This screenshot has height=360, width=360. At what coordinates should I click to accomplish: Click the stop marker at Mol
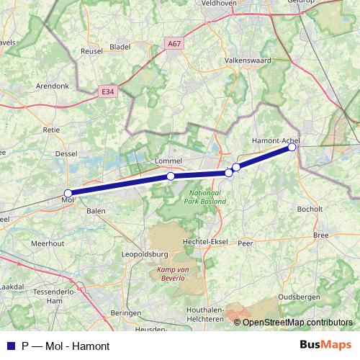tap(68, 193)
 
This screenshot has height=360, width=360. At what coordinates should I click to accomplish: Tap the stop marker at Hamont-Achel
tap(292, 147)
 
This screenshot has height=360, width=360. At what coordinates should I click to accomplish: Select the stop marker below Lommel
tap(171, 176)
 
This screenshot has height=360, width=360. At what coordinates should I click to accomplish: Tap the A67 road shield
tap(174, 44)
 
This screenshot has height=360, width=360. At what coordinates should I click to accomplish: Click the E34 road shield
tap(108, 91)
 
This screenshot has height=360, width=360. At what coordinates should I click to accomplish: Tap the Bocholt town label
tap(310, 209)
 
